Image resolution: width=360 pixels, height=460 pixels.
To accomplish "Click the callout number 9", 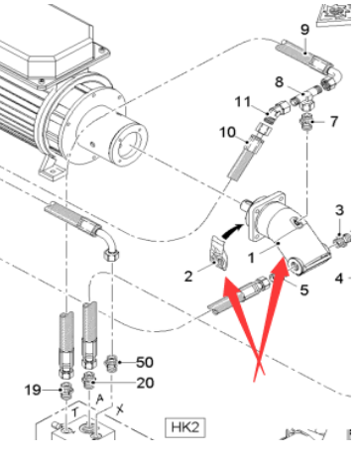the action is click(x=305, y=30).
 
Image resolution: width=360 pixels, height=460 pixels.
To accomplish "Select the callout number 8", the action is click(x=280, y=81).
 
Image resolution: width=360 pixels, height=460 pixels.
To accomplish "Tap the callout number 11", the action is click(x=243, y=102).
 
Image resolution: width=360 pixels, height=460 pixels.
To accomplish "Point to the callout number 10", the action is click(x=228, y=132).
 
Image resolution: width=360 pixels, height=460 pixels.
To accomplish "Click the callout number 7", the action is click(x=334, y=122).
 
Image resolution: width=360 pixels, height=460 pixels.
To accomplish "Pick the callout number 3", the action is click(x=339, y=210).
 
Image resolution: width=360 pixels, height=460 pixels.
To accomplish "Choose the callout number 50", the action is click(x=145, y=363).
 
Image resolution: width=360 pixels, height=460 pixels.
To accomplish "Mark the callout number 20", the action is click(x=145, y=383).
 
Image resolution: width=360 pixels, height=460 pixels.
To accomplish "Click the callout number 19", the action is click(x=33, y=391).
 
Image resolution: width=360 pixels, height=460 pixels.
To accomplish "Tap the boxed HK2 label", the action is click(x=185, y=427).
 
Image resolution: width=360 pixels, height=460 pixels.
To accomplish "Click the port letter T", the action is click(x=75, y=412).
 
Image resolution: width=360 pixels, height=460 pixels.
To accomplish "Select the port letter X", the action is click(x=120, y=409).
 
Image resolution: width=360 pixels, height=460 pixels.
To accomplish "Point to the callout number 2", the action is click(x=188, y=276).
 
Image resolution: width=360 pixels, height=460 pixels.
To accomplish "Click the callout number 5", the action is click(x=304, y=290).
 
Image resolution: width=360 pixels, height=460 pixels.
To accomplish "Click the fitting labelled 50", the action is click(x=112, y=364).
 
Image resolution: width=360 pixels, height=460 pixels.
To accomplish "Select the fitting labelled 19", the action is click(x=66, y=390).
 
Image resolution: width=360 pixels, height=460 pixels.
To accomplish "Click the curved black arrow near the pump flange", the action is click(x=232, y=230).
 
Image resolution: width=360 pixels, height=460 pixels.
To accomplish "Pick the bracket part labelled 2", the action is click(x=219, y=253).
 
